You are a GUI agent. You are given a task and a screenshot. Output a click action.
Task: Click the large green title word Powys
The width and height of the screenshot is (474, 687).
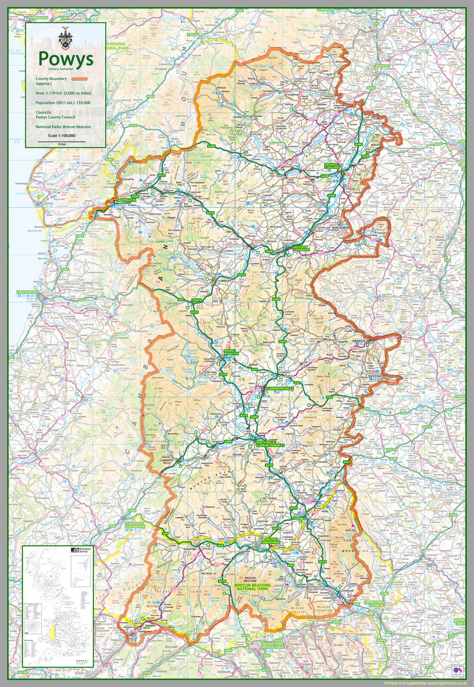[65, 58]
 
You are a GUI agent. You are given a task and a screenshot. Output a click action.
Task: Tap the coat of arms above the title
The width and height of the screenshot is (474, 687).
[65, 38]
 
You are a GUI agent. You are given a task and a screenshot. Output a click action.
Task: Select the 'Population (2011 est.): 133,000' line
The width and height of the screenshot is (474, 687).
[63, 102]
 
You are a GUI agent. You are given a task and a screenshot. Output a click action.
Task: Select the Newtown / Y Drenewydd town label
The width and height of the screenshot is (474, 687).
[301, 249]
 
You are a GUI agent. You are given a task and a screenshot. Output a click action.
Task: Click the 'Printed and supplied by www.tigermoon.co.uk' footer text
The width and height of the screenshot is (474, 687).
[426, 682]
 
